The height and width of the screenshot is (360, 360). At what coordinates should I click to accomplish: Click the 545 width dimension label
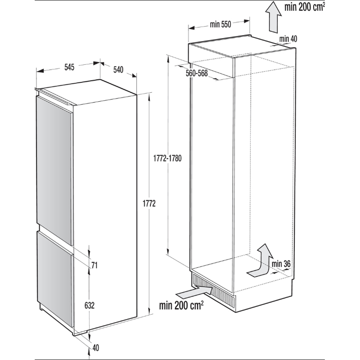click(x=69, y=67)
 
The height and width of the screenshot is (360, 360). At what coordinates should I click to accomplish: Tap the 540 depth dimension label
click(x=118, y=70)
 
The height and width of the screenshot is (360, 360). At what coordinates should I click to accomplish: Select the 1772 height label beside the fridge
click(x=149, y=203)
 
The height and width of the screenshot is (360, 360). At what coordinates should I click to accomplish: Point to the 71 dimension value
click(x=94, y=265)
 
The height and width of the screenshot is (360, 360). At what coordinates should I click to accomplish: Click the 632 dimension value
click(x=90, y=306)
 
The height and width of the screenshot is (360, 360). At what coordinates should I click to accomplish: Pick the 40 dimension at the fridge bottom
click(x=95, y=348)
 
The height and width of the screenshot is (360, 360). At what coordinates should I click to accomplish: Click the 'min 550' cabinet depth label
click(x=220, y=24)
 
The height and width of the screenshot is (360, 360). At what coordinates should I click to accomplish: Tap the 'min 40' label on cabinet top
click(x=288, y=39)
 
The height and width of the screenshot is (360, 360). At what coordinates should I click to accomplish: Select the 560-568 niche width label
click(x=197, y=73)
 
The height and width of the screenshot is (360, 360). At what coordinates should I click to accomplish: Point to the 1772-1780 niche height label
click(x=167, y=158)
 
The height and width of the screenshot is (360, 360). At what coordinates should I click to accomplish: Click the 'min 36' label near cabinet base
click(x=281, y=264)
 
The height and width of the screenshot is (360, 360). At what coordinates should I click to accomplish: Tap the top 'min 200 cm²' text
click(x=305, y=7)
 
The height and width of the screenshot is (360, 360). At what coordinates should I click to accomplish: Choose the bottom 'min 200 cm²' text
click(x=181, y=305)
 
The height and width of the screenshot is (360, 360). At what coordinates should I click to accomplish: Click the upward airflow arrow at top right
click(x=274, y=17)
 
